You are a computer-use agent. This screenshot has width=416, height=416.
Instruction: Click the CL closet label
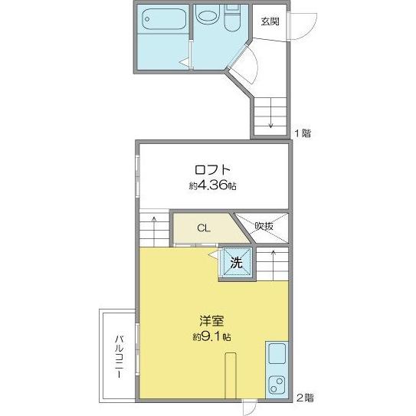click(203, 228)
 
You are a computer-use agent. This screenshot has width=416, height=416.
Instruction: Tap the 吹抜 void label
click(264, 226)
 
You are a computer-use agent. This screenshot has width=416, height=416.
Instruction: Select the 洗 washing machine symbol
click(237, 263)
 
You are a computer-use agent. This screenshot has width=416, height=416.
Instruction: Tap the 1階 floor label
click(303, 133)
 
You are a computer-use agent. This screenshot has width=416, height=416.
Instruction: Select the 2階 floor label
click(305, 398)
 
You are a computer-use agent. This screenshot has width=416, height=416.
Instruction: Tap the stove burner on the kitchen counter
click(277, 385)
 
